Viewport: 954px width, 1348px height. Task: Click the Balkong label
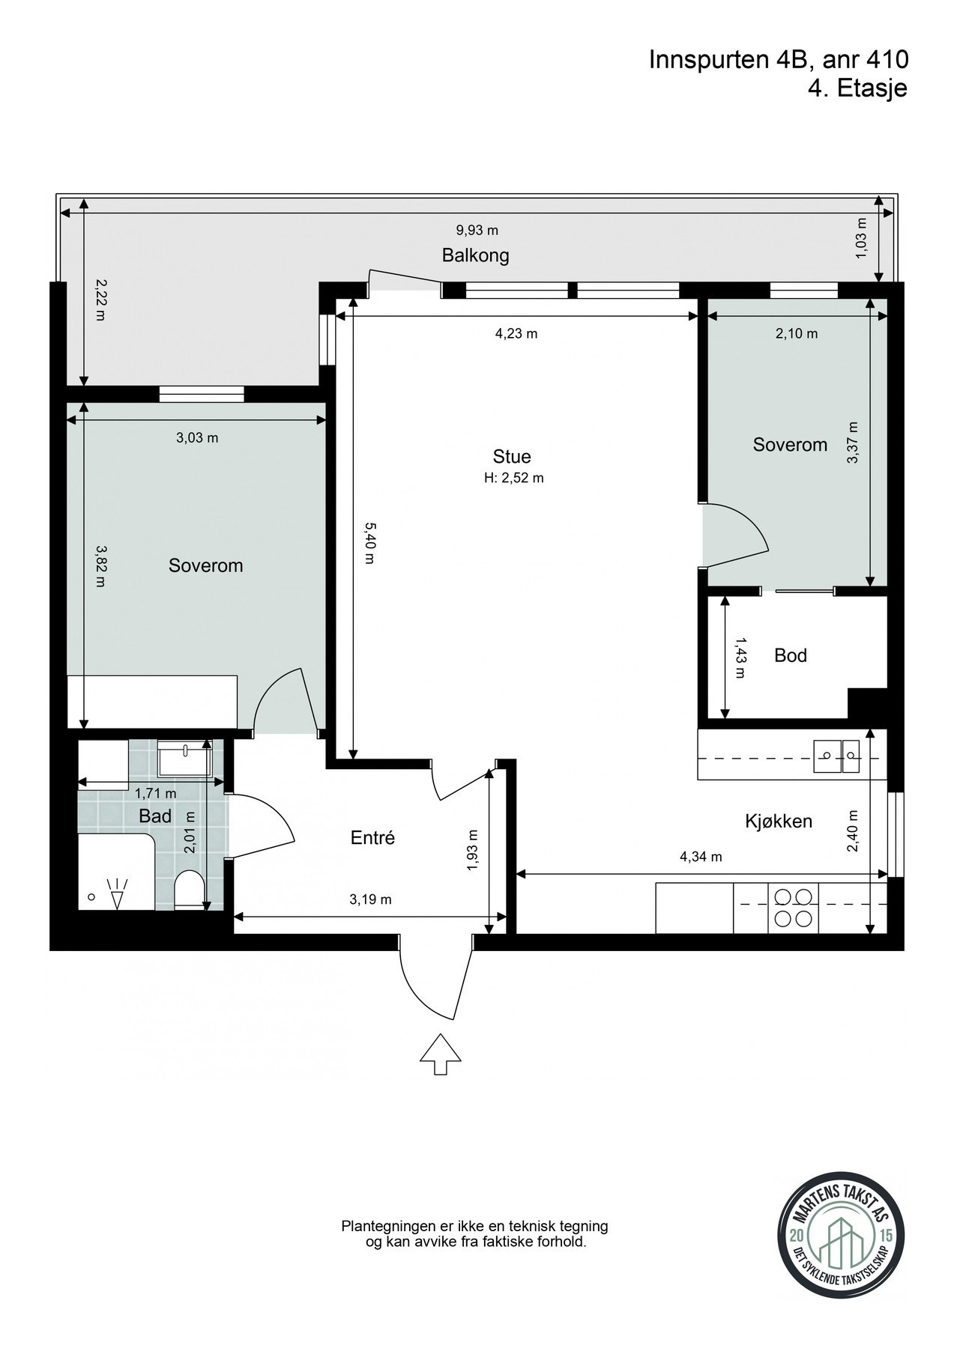(x=475, y=255)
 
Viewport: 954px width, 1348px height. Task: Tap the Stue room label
(x=512, y=456)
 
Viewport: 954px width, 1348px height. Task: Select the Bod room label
(x=791, y=655)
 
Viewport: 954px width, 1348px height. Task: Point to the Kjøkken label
(x=779, y=822)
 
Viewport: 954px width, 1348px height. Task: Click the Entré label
(x=372, y=838)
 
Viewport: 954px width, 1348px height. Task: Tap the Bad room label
(x=155, y=816)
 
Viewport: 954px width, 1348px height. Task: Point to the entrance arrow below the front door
(x=440, y=1054)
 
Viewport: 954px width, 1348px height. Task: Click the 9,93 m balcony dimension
(x=477, y=230)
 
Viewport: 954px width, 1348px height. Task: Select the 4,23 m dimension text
(x=516, y=334)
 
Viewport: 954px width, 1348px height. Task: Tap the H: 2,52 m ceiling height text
(x=513, y=478)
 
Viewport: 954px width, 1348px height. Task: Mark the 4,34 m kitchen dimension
(x=701, y=857)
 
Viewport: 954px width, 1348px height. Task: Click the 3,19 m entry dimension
(x=370, y=899)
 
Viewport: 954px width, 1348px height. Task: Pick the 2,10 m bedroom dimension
(x=797, y=334)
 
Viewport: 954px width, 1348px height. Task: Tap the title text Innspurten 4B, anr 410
(x=779, y=60)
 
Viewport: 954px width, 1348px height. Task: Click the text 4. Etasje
(x=858, y=88)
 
